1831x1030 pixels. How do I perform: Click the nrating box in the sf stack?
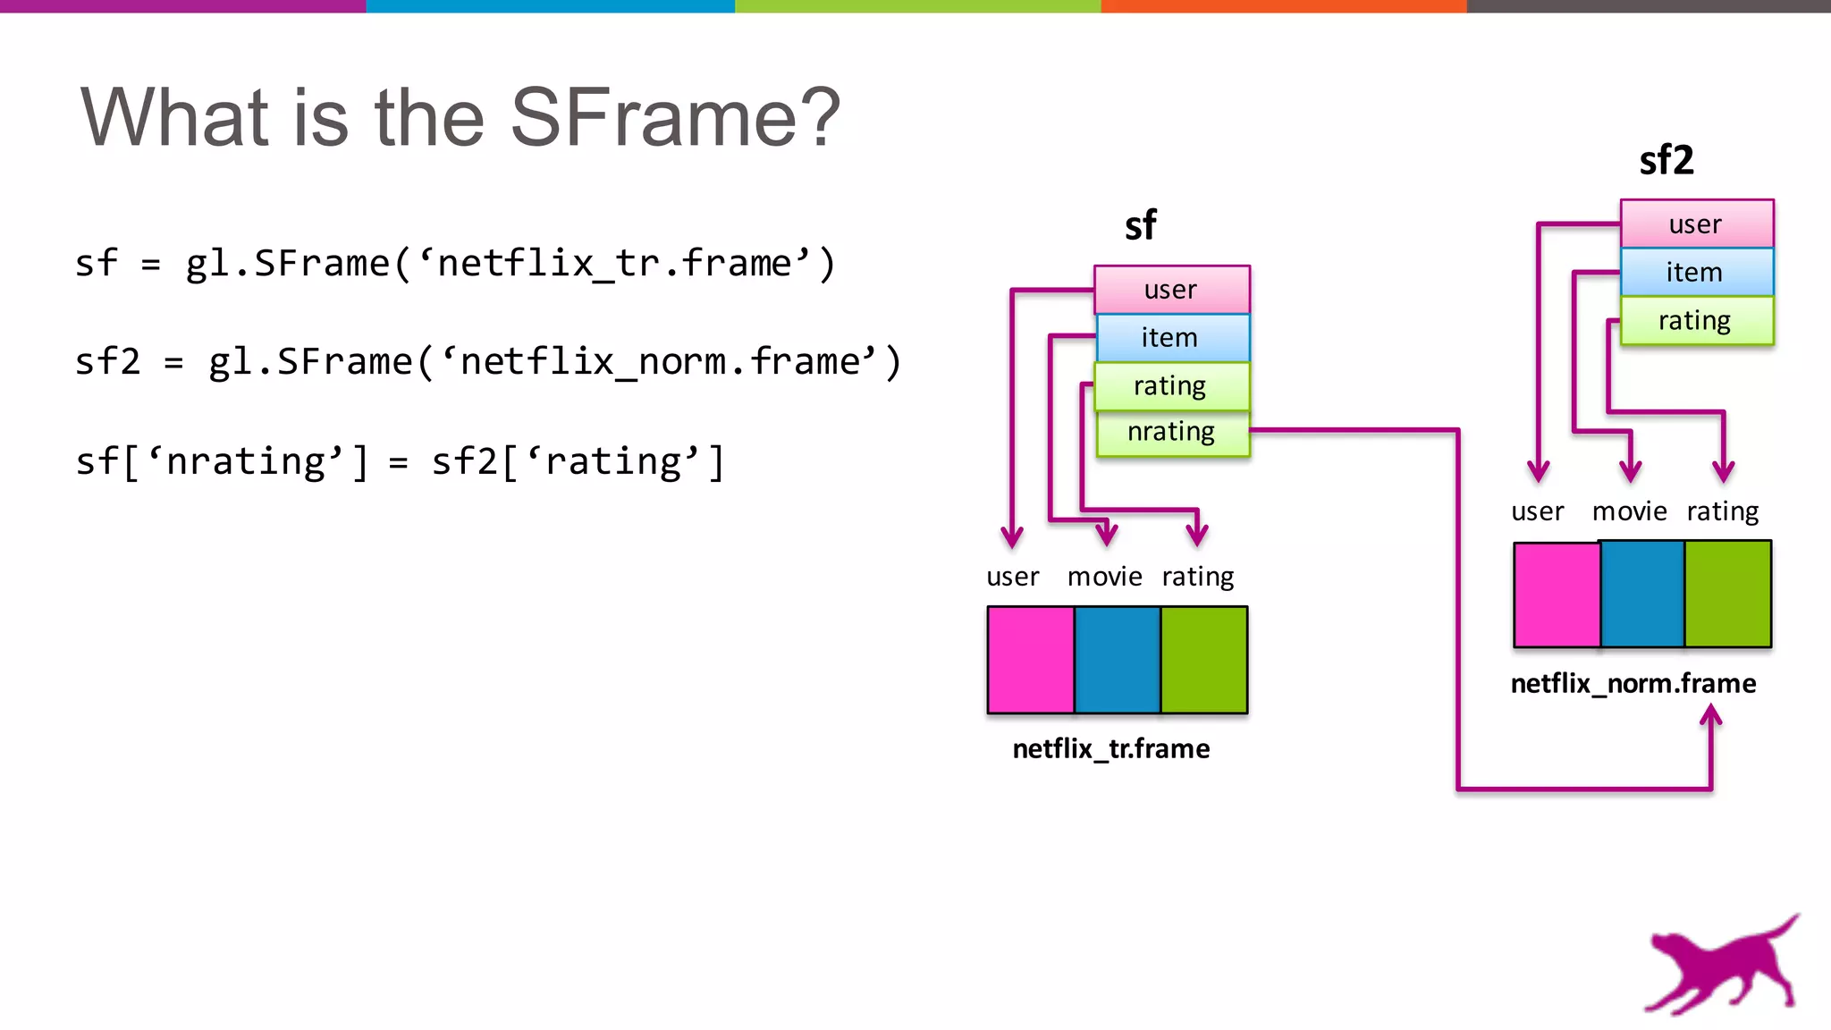point(1172,432)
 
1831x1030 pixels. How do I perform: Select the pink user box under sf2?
point(1696,224)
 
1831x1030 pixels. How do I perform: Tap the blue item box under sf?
point(1171,337)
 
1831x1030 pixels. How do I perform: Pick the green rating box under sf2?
point(1696,320)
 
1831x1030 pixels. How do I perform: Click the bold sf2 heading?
point(1666,160)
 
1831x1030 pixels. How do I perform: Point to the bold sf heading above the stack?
point(1140,225)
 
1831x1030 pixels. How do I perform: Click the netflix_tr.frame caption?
point(1110,748)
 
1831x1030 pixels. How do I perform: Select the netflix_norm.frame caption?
point(1633,683)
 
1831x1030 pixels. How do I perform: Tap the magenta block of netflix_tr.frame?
point(1030,660)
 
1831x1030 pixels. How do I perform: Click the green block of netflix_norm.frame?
point(1727,594)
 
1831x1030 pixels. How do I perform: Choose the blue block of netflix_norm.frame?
point(1642,594)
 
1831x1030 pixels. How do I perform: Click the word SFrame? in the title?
point(675,117)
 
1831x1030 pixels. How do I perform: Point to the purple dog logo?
point(1721,966)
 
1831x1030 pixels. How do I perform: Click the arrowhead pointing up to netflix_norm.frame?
point(1710,714)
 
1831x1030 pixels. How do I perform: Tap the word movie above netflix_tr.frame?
point(1104,577)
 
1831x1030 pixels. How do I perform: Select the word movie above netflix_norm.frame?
point(1629,511)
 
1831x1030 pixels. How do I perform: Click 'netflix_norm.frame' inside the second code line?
point(660,362)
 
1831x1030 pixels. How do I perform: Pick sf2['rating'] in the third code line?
point(578,462)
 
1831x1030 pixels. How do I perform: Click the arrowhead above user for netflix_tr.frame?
point(1011,537)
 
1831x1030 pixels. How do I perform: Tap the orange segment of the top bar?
point(1283,6)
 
